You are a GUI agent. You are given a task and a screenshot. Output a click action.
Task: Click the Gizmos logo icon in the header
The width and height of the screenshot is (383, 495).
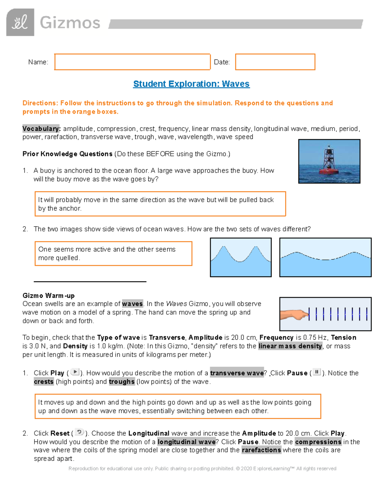pos(20,22)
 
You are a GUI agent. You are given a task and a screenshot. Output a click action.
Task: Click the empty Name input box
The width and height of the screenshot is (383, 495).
pos(132,62)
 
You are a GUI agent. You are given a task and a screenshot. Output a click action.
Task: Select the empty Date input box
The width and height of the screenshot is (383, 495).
pos(275,62)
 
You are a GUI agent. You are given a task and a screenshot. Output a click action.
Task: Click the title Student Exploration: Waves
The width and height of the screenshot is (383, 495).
pos(191,84)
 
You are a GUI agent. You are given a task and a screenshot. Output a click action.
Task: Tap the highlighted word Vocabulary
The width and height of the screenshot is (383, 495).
pos(41,129)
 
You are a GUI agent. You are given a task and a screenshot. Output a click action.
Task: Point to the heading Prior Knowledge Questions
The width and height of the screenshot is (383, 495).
pos(67,154)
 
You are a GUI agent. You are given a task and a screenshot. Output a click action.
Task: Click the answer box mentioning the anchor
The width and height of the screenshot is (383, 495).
pos(160,204)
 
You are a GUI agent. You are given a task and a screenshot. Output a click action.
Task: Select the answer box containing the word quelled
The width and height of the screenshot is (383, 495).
pos(113,253)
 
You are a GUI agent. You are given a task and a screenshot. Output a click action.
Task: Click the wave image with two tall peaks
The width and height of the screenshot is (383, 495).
pos(241,257)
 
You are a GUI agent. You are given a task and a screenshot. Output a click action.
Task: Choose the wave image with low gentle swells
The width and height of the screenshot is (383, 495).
pos(325,257)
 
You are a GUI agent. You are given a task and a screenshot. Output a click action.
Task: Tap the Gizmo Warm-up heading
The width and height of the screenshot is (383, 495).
pos(49,295)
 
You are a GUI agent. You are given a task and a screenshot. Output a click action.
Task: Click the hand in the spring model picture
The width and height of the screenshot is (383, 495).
pos(294,315)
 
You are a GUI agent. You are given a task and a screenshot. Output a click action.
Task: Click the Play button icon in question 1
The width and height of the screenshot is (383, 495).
pos(75,372)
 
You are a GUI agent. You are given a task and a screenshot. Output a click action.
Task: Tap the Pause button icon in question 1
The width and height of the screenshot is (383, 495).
pos(317,372)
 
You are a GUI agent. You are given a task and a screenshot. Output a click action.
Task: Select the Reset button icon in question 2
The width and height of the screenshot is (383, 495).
pos(79,432)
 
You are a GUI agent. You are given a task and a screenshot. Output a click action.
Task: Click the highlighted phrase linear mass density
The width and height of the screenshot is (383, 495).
pos(290,346)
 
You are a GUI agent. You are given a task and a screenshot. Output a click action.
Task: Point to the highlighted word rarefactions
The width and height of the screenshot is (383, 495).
pos(261,450)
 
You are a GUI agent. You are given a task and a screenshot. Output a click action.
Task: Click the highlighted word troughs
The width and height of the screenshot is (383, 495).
pos(122,382)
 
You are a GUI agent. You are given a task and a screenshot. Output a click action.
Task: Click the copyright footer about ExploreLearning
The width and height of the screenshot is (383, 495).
pos(202,469)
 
